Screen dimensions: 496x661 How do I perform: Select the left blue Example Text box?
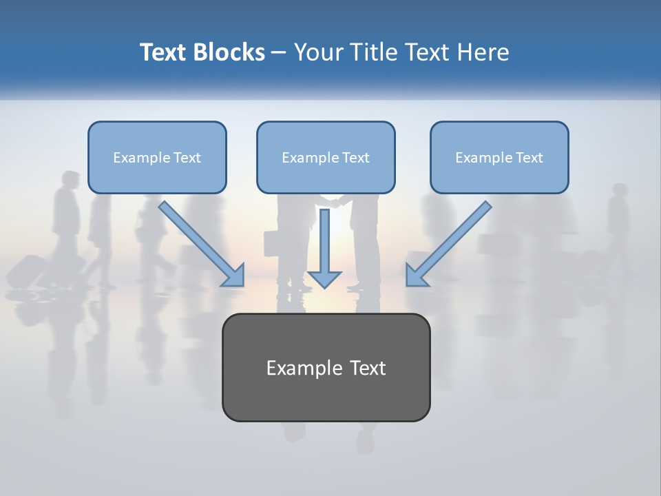coord(157,158)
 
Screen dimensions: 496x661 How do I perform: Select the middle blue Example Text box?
coord(326,158)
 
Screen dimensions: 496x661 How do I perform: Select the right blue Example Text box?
coord(499,158)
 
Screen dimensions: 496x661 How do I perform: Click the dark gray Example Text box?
coord(326,368)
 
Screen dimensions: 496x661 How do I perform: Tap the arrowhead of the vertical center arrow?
coord(324,278)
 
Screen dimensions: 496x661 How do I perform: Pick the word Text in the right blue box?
coord(529,158)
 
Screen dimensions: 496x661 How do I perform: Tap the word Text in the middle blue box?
coord(356,158)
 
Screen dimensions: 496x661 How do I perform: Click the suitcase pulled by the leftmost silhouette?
coord(28,271)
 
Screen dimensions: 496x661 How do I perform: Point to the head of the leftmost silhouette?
coord(70,178)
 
